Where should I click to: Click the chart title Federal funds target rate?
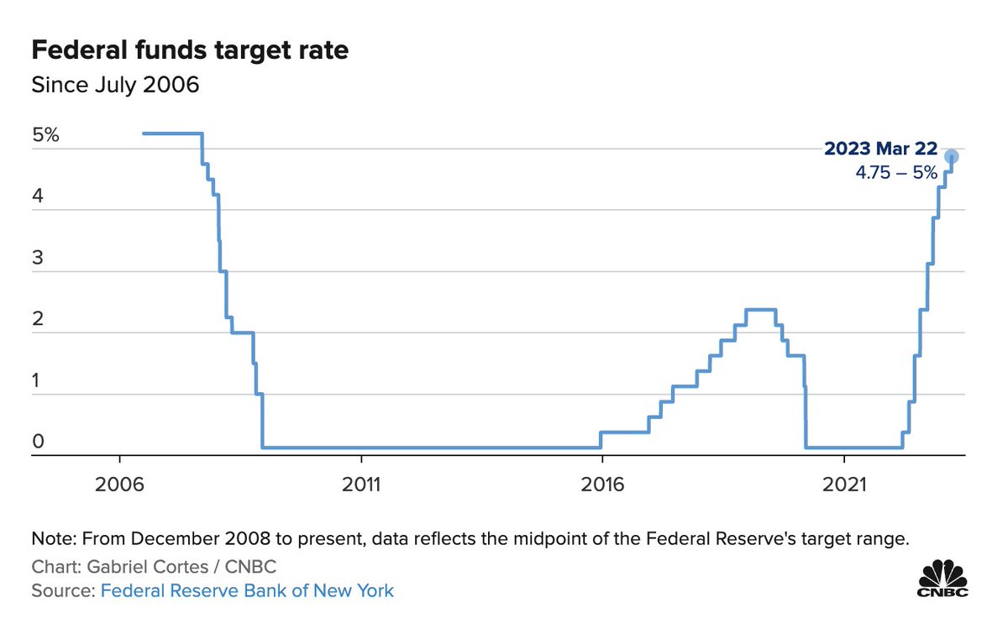coord(190,50)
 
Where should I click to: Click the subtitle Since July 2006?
coord(115,85)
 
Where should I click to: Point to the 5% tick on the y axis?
coord(45,135)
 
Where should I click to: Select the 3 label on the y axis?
coord(37,258)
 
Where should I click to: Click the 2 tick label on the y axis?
coord(37,319)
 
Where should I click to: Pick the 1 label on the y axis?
coord(37,380)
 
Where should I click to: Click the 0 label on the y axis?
coord(37,442)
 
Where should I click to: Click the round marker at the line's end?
coord(951,156)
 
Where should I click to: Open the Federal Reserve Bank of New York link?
coord(247,590)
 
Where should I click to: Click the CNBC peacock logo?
coord(942,578)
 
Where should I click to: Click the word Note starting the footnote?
coord(49,538)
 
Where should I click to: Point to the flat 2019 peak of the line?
coord(760,310)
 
